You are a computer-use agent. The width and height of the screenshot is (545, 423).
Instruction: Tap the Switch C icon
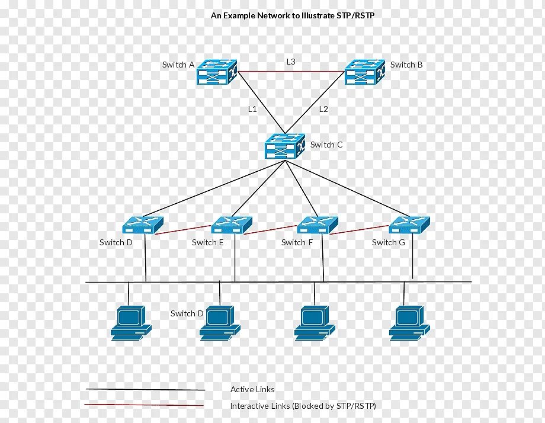tap(285, 146)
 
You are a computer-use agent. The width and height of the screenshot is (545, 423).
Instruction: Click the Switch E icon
tap(232, 225)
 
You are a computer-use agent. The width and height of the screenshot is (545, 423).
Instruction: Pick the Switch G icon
tap(409, 225)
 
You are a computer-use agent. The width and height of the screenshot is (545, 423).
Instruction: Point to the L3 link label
tap(291, 62)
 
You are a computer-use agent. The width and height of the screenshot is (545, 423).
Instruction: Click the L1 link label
tap(252, 109)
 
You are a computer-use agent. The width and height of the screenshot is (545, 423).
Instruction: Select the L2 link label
tap(323, 109)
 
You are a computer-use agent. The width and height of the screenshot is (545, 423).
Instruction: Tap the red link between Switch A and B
tap(291, 72)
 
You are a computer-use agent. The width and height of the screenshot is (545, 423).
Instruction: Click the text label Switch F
tap(297, 242)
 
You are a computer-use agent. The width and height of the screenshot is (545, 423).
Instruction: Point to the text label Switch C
tap(326, 145)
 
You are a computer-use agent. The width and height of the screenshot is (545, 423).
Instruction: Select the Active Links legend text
tap(252, 389)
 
